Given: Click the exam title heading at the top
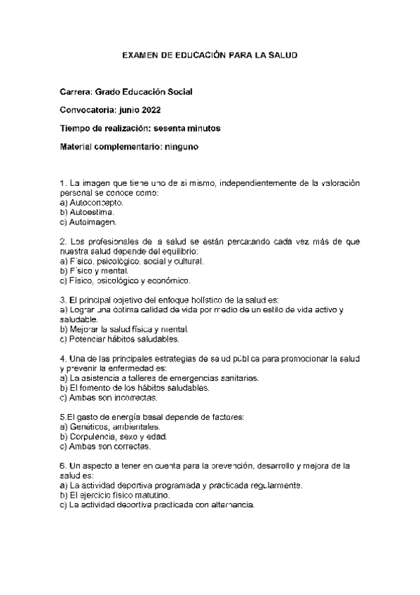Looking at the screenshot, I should (x=210, y=54).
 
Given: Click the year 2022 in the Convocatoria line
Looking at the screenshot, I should (x=154, y=110).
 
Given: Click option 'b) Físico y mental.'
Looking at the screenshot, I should (x=95, y=270).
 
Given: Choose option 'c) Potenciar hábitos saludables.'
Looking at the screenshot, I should (x=120, y=339).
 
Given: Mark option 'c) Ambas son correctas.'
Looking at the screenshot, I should (x=104, y=446).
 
